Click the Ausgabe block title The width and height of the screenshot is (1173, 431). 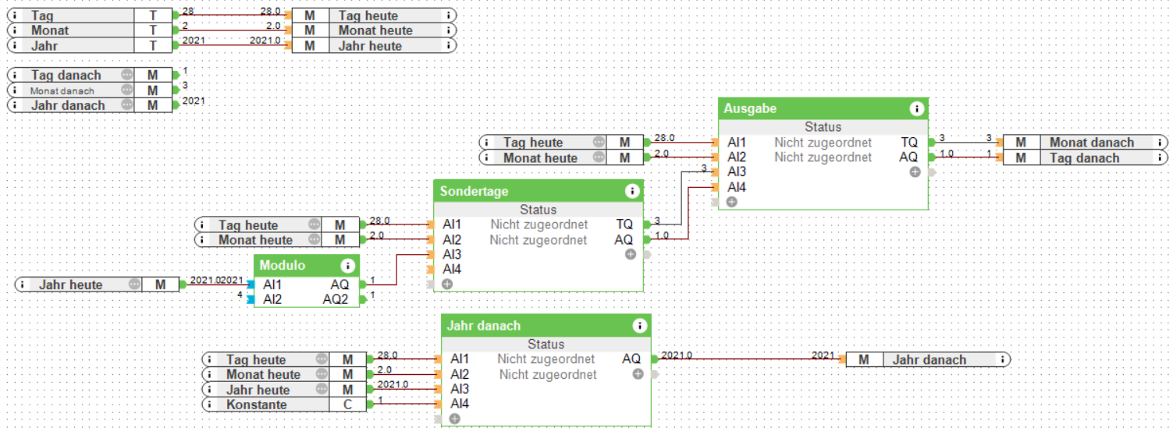[x=750, y=108]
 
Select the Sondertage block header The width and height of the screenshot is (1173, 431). [x=474, y=191]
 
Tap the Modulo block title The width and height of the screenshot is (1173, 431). [x=283, y=265]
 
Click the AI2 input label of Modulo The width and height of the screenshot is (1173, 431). [x=273, y=299]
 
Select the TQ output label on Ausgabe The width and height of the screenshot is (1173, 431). [x=908, y=143]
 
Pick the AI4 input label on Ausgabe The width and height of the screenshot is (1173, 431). [x=737, y=187]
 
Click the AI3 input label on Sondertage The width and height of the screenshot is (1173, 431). [x=452, y=255]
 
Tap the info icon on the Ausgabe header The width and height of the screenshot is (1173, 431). [x=917, y=109]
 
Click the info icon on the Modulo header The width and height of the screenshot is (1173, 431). [x=348, y=266]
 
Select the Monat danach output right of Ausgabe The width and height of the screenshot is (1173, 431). [x=1090, y=143]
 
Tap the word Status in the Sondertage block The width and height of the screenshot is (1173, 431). [x=539, y=210]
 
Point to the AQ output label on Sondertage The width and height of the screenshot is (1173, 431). [x=624, y=240]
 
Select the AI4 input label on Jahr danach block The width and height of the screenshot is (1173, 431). [x=460, y=405]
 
